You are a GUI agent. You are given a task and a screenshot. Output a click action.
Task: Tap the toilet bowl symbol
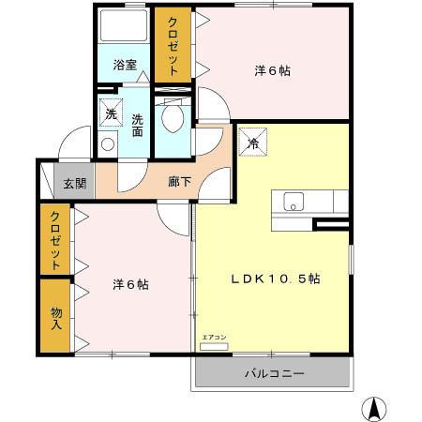click(172, 115)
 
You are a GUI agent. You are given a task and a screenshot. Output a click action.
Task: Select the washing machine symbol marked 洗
click(111, 113)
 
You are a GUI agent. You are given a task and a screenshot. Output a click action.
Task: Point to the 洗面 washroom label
click(138, 126)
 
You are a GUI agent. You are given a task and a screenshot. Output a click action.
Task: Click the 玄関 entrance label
click(75, 183)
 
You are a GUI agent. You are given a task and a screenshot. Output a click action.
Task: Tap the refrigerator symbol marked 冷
click(254, 143)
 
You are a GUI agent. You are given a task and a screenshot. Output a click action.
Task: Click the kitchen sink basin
click(294, 201)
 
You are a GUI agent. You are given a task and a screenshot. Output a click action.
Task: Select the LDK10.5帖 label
click(277, 279)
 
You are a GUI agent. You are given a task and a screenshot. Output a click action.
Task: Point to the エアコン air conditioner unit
click(214, 344)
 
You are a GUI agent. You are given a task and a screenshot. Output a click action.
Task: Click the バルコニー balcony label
click(274, 374)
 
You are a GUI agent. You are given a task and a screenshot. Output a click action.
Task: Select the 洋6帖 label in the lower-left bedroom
click(130, 282)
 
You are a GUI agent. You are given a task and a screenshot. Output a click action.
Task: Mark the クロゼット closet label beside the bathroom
click(174, 47)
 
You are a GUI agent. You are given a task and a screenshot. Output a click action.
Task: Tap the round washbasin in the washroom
click(107, 144)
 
